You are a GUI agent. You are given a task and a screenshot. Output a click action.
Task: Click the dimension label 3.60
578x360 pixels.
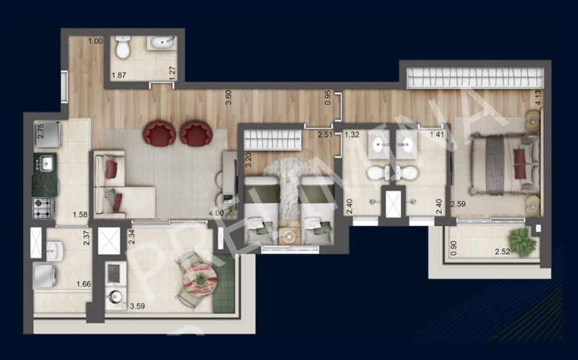227,97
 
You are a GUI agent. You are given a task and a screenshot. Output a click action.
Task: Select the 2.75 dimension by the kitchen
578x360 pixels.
41,130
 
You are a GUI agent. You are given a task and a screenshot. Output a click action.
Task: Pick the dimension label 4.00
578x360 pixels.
215,214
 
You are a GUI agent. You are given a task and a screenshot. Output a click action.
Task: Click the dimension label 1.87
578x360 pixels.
118,75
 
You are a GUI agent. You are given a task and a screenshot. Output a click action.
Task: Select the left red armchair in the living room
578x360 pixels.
160,134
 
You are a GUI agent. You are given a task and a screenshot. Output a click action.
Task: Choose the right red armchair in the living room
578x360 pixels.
196,134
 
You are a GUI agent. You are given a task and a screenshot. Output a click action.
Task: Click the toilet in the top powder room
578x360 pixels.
124,48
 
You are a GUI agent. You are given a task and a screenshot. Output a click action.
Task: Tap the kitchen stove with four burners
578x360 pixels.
42,208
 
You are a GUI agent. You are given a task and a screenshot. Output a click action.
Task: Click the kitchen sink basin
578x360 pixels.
44,162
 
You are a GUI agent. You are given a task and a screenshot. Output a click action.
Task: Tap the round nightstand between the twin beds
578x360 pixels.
288,236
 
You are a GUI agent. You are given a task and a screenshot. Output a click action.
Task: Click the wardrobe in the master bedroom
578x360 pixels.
473,77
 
